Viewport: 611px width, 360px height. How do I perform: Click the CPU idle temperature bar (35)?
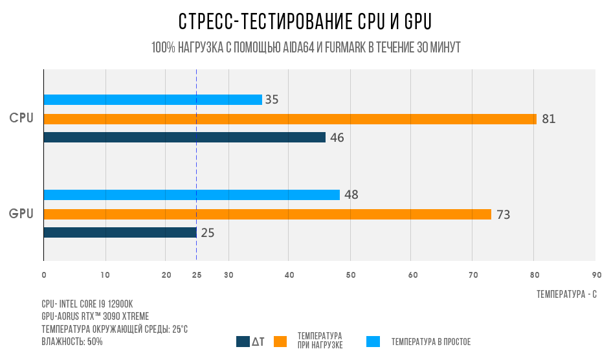click(153, 100)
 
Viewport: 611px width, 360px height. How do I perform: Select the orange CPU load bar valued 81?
click(290, 119)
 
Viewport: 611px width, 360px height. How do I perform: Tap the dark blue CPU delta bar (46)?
click(184, 137)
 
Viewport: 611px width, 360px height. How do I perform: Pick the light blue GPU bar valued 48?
click(192, 195)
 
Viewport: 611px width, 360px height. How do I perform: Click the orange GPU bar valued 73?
click(267, 214)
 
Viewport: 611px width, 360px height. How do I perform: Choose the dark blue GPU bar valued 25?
click(120, 232)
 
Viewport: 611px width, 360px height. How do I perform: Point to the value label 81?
click(548, 119)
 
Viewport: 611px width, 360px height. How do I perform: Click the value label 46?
click(337, 138)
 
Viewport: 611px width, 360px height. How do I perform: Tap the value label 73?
click(503, 214)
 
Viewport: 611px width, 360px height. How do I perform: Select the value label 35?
click(272, 100)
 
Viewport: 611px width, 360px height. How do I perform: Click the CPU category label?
click(21, 118)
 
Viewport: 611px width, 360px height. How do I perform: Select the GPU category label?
click(21, 213)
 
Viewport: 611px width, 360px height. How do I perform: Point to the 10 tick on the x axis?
click(105, 275)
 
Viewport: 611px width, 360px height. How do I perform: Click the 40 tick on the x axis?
click(289, 275)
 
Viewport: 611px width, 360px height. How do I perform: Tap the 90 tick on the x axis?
click(596, 275)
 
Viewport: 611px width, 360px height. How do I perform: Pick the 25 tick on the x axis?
click(197, 275)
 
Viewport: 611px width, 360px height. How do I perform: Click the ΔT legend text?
click(258, 341)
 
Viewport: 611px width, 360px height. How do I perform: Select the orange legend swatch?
click(280, 341)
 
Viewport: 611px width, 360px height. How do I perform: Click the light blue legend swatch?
click(373, 341)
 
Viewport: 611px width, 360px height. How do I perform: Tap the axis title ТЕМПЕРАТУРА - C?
click(566, 294)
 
